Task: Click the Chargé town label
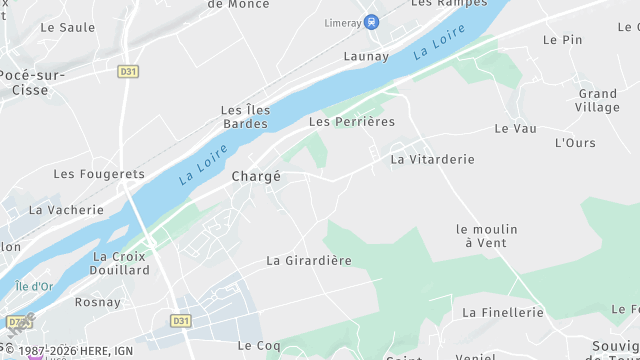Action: click(x=256, y=176)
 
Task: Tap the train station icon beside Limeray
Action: click(x=372, y=22)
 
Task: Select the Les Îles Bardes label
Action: click(x=244, y=117)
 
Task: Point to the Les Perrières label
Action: click(x=352, y=122)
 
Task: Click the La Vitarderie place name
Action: click(x=432, y=159)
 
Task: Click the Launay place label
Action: click(x=366, y=57)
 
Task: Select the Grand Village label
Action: click(x=598, y=101)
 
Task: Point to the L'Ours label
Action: click(x=575, y=143)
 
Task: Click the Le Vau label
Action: click(x=516, y=129)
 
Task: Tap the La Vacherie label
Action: click(x=66, y=210)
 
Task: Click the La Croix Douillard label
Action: click(x=119, y=263)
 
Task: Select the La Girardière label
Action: click(x=309, y=261)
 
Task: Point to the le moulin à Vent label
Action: click(x=487, y=236)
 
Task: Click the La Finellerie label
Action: click(x=503, y=313)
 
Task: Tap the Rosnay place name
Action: click(x=97, y=302)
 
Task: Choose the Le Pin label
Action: click(x=562, y=40)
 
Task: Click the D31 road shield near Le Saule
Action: click(x=128, y=71)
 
